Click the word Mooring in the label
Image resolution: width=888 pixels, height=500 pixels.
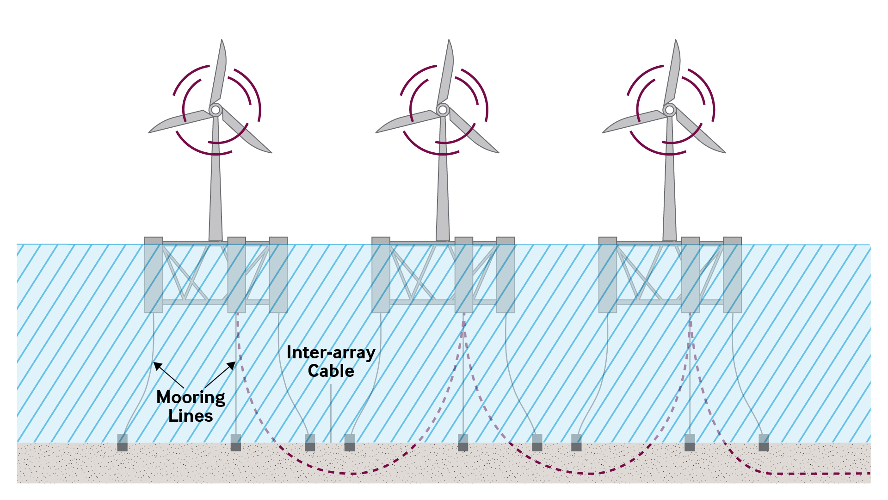[x=191, y=398]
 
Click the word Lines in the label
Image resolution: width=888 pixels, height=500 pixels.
[x=191, y=416]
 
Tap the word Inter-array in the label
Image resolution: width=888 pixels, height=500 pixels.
[x=331, y=353]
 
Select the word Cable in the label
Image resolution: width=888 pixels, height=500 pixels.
[x=331, y=371]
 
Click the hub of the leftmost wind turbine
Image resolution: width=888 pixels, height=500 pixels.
[x=215, y=110]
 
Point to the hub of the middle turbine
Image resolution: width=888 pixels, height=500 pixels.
[x=443, y=110]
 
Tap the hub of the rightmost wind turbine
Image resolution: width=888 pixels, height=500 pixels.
[x=669, y=110]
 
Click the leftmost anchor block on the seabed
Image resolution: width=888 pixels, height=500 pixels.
[x=122, y=443]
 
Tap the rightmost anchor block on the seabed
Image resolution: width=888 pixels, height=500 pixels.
[x=764, y=443]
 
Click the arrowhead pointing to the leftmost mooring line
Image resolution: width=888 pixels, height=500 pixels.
[x=157, y=365]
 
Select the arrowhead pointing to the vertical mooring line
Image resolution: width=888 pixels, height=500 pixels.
[x=232, y=365]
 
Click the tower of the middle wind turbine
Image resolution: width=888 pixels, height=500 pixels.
[x=443, y=194]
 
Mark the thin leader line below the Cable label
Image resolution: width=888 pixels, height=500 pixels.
[x=331, y=412]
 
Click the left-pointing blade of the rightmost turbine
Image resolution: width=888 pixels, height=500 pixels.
[x=634, y=122]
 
